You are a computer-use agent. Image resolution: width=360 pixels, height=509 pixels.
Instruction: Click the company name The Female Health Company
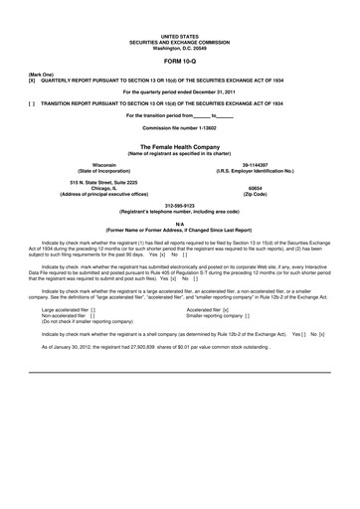pos(180,145)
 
